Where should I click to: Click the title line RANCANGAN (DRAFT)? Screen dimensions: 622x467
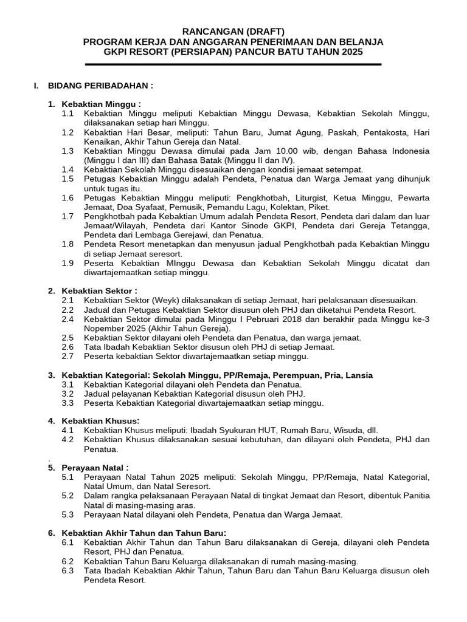click(x=233, y=31)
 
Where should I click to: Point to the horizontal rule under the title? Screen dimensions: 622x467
click(x=233, y=64)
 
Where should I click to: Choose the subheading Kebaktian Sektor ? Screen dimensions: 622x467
click(x=99, y=291)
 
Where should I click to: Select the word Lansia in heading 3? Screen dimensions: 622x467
click(x=359, y=375)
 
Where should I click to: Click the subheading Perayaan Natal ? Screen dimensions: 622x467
click(x=95, y=468)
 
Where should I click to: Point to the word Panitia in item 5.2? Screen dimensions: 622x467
click(x=415, y=496)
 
